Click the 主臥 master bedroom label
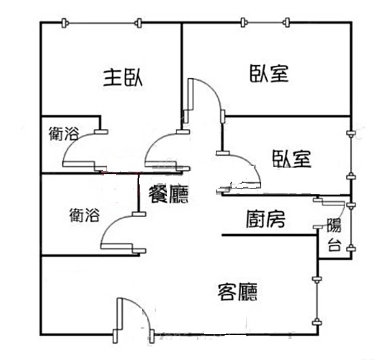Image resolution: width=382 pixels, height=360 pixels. click(x=123, y=78)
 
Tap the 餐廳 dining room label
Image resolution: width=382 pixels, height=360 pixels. click(x=168, y=194)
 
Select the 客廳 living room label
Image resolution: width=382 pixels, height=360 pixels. click(x=237, y=292)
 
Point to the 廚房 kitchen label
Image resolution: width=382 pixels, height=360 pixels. click(x=265, y=219)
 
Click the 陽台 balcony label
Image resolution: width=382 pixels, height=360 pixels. click(x=334, y=235)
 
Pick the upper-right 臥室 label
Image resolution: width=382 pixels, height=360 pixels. click(x=269, y=73)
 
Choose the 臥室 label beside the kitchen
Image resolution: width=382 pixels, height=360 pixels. click(x=291, y=159)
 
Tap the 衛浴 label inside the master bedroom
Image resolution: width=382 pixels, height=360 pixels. click(x=64, y=134)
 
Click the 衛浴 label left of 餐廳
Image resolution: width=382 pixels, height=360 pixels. click(x=85, y=215)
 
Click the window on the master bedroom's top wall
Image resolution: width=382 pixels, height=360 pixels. click(x=101, y=23)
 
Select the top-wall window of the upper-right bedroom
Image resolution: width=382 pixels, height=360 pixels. click(x=265, y=22)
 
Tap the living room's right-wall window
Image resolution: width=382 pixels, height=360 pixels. click(x=317, y=301)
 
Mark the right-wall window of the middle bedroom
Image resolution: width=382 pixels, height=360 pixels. click(x=351, y=155)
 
